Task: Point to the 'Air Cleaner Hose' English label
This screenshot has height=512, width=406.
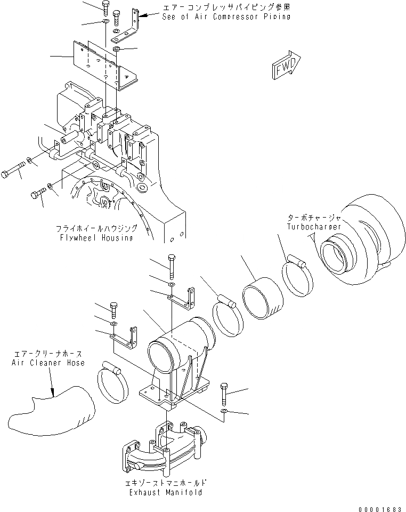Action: [48, 363]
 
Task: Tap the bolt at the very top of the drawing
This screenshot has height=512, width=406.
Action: [104, 7]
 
